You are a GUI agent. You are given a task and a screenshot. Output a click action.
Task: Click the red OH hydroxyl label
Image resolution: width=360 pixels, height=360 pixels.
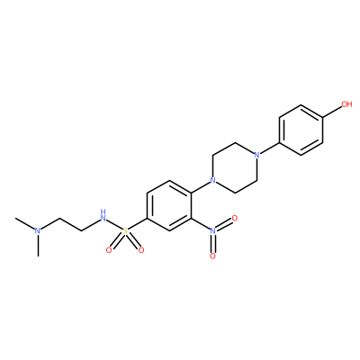pyautogui.click(x=346, y=104)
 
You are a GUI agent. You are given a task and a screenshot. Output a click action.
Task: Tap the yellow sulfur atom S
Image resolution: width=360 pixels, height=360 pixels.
pyautogui.click(x=125, y=231)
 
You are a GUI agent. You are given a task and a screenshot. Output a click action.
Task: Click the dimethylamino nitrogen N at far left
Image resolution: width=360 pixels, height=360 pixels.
pyautogui.click(x=38, y=230)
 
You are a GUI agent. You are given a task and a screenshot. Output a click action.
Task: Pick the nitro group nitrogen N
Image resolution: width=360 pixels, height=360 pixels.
pyautogui.click(x=212, y=230)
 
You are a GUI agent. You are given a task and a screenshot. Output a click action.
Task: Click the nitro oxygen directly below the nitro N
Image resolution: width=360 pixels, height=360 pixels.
pyautogui.click(x=212, y=256)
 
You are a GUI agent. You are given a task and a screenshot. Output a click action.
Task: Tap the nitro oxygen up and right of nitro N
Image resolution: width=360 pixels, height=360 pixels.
pyautogui.click(x=235, y=218)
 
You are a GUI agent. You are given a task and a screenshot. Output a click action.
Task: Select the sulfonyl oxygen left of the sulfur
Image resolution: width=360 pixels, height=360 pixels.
pyautogui.click(x=109, y=249)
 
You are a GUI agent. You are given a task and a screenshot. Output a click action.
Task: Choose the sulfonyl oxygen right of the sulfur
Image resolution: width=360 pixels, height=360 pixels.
pyautogui.click(x=141, y=249)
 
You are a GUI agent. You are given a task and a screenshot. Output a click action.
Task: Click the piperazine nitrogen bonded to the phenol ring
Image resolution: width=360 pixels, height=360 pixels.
pyautogui.click(x=256, y=155)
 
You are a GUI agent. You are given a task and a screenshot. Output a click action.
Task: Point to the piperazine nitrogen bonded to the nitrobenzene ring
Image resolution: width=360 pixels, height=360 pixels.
pyautogui.click(x=212, y=180)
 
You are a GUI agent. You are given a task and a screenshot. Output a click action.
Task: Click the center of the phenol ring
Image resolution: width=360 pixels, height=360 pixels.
pyautogui.click(x=301, y=130)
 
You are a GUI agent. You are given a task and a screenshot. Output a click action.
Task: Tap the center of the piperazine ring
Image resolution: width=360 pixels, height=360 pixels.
pyautogui.click(x=235, y=167)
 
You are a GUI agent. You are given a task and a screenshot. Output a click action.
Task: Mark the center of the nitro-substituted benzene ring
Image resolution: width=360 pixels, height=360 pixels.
pyautogui.click(x=169, y=205)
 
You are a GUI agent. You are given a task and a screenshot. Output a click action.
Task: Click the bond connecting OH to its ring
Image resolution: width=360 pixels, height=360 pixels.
pyautogui.click(x=332, y=112)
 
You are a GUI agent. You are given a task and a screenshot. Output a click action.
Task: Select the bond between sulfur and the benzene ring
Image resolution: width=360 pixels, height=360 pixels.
pyautogui.click(x=138, y=224)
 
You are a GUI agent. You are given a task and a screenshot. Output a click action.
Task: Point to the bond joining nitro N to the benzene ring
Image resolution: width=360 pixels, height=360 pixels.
pyautogui.click(x=201, y=224)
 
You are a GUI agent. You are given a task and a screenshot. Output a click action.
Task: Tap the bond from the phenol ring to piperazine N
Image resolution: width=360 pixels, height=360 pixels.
pyautogui.click(x=269, y=148)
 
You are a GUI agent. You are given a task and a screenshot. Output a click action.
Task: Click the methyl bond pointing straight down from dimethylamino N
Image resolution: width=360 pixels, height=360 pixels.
pyautogui.click(x=38, y=246)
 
